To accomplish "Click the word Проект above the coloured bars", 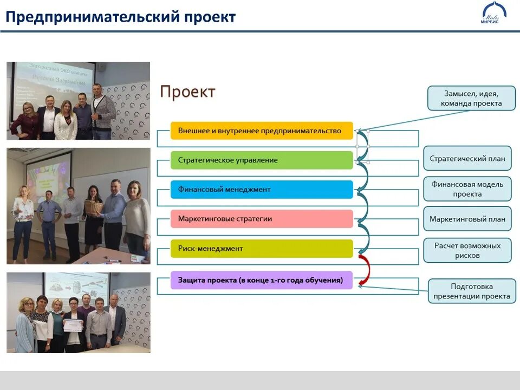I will point(187,92).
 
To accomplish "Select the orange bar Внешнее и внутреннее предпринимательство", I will point(262,131).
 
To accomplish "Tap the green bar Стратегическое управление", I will point(262,160).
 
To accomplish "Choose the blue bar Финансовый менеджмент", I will point(262,190).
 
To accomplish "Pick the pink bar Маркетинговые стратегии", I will point(262,219).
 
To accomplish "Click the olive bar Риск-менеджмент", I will point(262,249).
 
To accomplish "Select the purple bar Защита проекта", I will point(262,280).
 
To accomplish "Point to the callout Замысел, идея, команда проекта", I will point(471,98).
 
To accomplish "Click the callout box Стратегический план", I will point(467,159).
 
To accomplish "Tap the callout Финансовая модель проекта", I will point(467,189).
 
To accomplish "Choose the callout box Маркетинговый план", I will point(467,219).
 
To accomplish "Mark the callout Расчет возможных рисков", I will point(467,250).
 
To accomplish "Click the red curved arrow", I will point(366,269).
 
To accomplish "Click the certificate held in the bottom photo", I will point(73,325).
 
